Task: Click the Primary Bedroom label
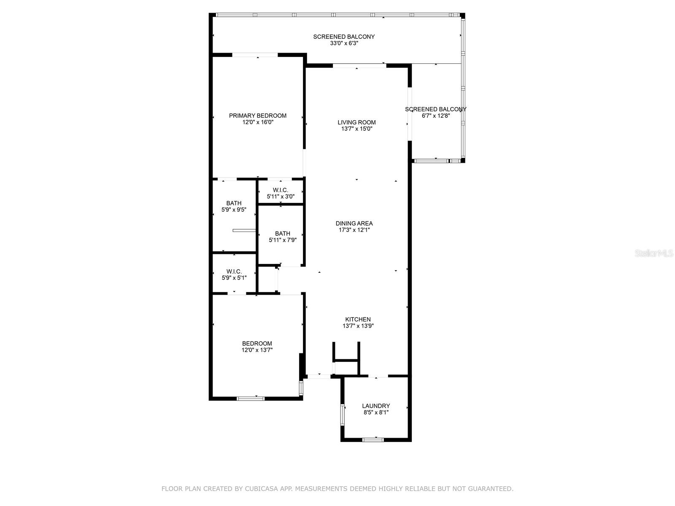257,116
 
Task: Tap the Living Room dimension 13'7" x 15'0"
357,129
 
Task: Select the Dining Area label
354,223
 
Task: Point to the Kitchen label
358,319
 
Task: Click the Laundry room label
376,406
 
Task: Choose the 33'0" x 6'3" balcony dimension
344,43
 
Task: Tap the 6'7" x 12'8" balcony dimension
436,116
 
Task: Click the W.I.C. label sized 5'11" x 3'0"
281,190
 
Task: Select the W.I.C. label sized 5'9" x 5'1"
234,272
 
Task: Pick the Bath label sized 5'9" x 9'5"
234,203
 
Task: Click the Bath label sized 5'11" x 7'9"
283,234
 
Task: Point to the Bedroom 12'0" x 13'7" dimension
257,350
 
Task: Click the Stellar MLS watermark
654,253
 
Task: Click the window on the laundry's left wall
342,415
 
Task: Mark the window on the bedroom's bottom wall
251,399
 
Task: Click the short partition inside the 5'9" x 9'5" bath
244,230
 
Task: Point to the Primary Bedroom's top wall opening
255,55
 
